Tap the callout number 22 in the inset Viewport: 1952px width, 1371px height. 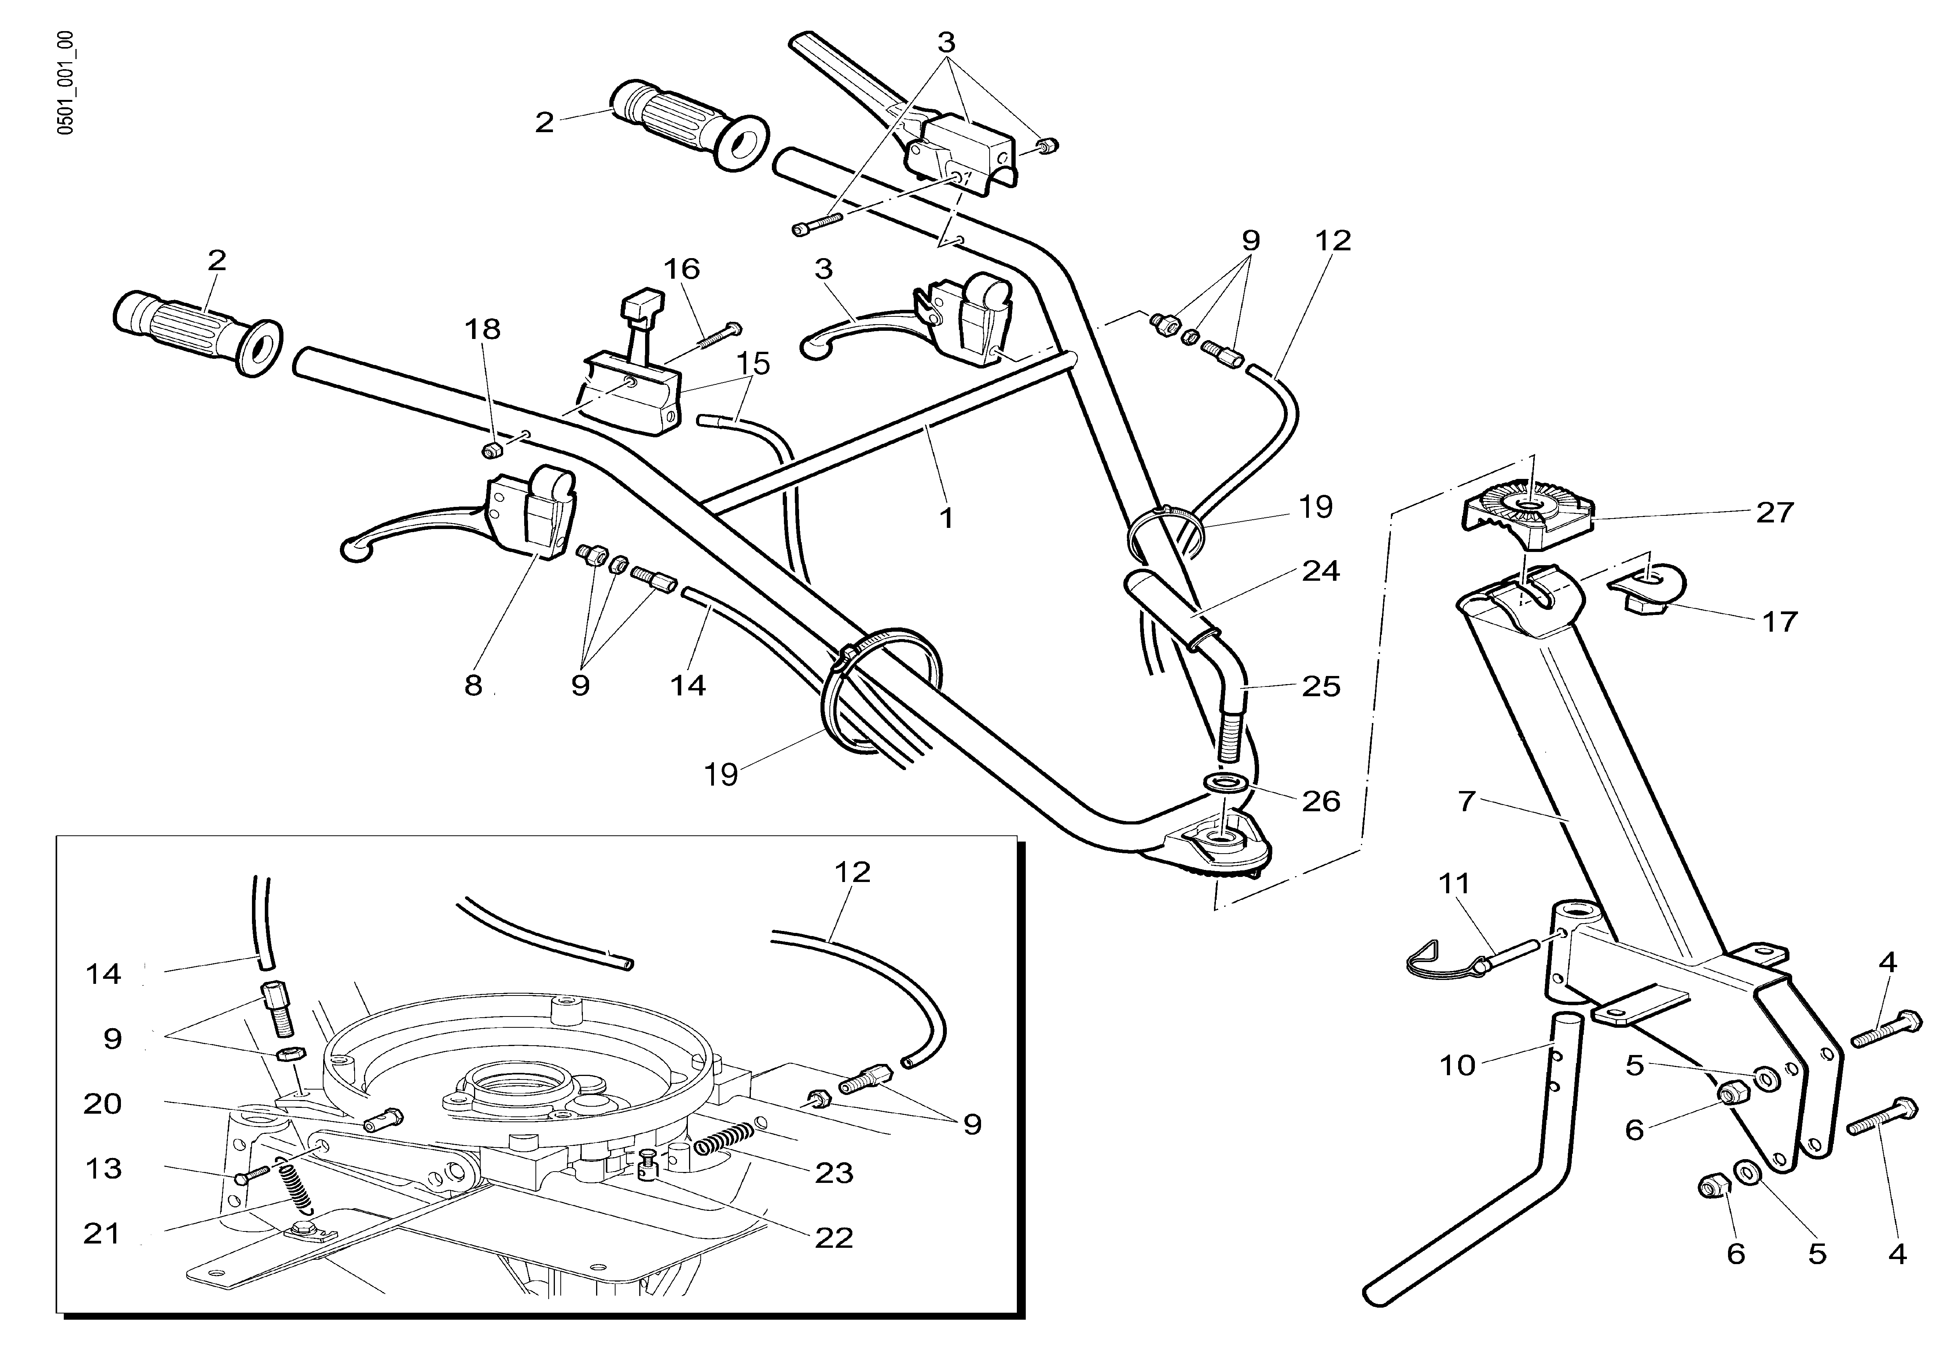833,1238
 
